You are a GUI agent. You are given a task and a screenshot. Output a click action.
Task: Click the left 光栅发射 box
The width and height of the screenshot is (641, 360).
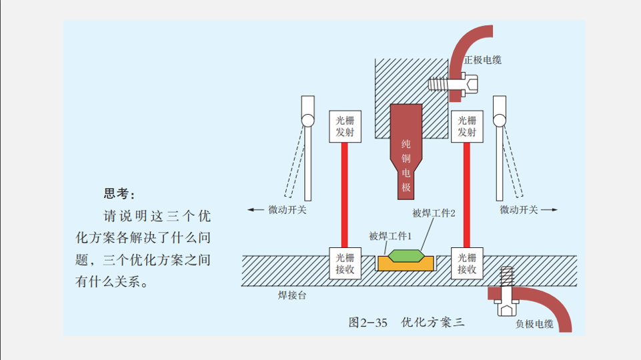click(x=346, y=127)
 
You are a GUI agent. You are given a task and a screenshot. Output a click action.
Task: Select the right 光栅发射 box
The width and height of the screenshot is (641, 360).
click(x=466, y=127)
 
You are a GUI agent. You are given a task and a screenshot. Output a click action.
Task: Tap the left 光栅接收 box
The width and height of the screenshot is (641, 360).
click(x=346, y=263)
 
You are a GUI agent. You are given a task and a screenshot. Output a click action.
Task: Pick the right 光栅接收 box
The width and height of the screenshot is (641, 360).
click(x=466, y=263)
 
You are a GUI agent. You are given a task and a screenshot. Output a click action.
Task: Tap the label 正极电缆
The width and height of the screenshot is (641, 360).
click(x=483, y=60)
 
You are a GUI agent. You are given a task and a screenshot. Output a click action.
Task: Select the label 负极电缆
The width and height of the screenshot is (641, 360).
click(x=534, y=324)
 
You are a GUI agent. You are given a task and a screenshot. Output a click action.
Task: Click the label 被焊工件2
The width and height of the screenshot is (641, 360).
click(x=434, y=213)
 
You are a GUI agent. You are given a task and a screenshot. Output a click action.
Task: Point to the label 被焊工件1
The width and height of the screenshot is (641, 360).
click(x=390, y=236)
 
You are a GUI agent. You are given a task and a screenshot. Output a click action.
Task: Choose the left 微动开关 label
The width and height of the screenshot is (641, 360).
click(x=287, y=209)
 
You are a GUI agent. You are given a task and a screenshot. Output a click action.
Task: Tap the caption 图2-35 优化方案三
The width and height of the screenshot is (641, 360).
click(x=406, y=323)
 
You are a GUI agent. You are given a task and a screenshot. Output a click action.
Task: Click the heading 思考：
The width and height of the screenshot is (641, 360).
click(x=119, y=194)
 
